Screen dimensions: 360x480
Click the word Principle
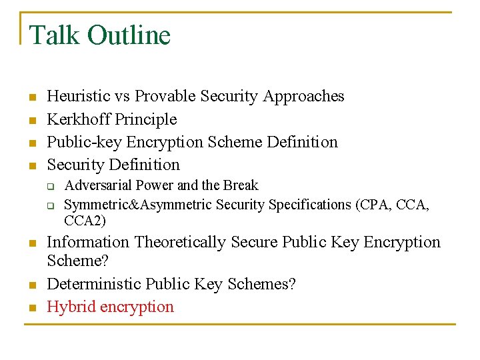146,119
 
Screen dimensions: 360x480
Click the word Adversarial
98,185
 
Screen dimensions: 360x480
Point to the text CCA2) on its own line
85,220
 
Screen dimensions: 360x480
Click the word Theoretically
179,242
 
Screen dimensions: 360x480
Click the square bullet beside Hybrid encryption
30,308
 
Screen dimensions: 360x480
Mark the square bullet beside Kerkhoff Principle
30,120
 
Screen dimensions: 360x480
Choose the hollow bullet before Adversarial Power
50,186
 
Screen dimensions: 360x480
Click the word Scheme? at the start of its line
77,260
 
